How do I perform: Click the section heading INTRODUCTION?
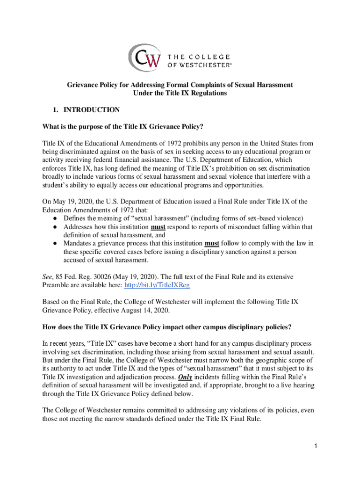pyautogui.click(x=92, y=110)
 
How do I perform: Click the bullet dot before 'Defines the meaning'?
pyautogui.click(x=55, y=218)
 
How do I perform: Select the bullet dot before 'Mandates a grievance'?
pyautogui.click(x=55, y=244)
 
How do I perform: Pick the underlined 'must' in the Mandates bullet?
pyautogui.click(x=212, y=244)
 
